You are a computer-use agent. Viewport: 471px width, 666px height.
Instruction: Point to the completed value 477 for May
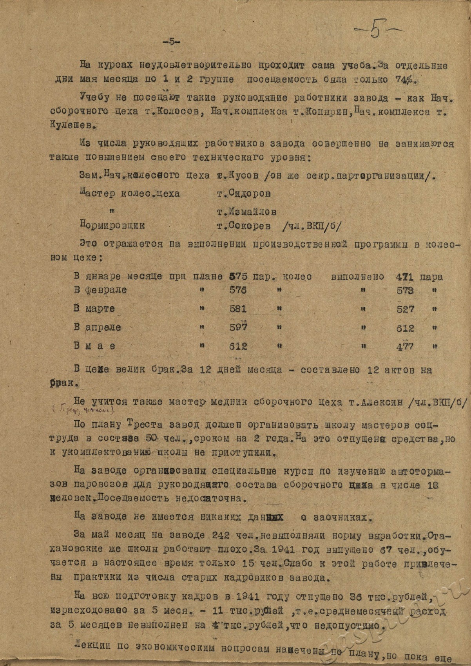(405, 346)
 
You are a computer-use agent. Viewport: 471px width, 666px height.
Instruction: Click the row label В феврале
(100, 290)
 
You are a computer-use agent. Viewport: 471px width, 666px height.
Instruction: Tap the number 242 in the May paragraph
(221, 534)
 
